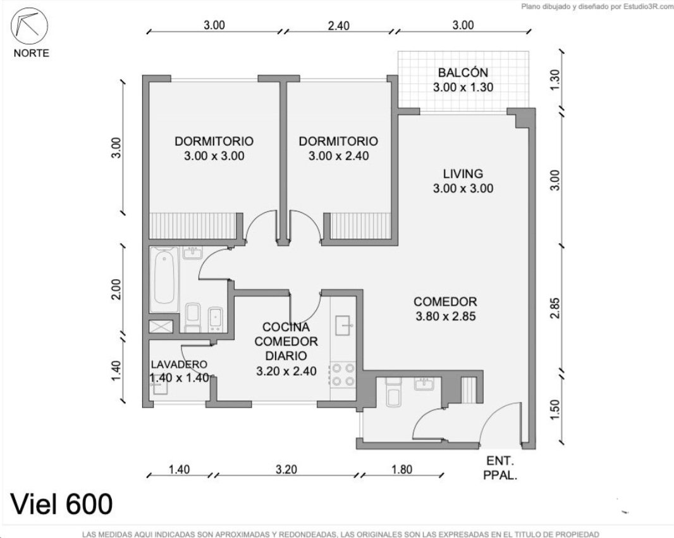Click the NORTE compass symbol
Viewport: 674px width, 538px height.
click(29, 26)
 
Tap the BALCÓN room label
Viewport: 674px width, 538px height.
click(463, 72)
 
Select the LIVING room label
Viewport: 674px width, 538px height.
click(463, 174)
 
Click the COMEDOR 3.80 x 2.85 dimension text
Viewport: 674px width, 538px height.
click(445, 316)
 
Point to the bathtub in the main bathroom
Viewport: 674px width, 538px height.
click(164, 279)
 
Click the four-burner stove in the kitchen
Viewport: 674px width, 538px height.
click(343, 375)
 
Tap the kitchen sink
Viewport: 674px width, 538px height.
click(344, 325)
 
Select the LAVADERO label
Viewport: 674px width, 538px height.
click(179, 365)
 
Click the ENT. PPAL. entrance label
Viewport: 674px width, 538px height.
click(500, 468)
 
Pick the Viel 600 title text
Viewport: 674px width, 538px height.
click(61, 504)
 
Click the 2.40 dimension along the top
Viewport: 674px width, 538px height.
click(339, 26)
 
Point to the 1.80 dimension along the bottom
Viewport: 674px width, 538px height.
click(401, 469)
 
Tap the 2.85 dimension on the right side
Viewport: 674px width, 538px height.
click(555, 308)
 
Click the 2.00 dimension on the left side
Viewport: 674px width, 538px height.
click(116, 289)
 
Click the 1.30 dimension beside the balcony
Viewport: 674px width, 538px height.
click(555, 80)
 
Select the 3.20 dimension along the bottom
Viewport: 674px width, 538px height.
click(286, 469)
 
